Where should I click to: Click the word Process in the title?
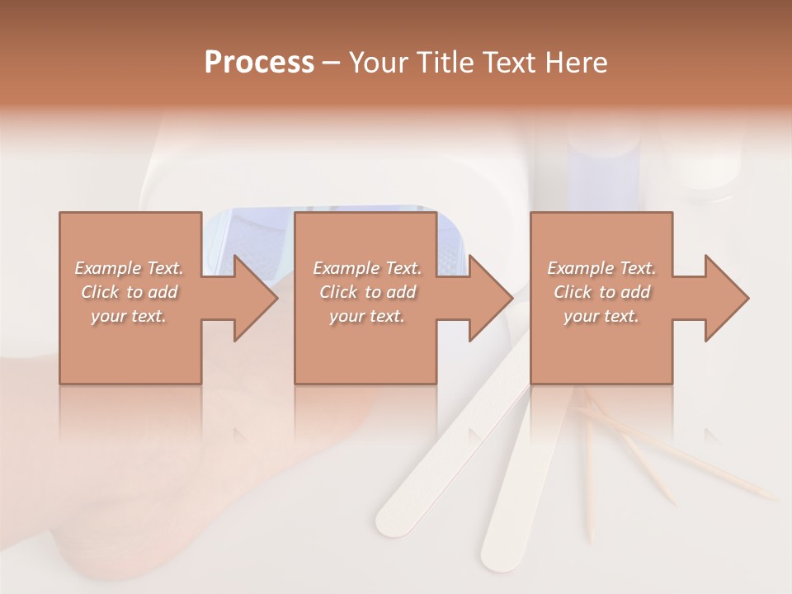[259, 63]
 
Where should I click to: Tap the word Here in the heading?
[575, 63]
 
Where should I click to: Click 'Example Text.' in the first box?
[130, 268]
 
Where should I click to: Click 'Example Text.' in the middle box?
[367, 268]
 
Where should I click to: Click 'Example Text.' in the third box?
[601, 268]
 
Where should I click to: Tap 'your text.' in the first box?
[129, 316]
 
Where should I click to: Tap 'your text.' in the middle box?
[366, 316]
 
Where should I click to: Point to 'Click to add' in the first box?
[130, 292]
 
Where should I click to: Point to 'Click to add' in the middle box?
[367, 292]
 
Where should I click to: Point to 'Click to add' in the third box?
[601, 292]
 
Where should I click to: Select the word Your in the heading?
[379, 63]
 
